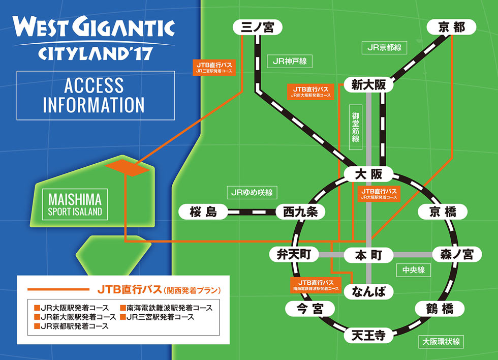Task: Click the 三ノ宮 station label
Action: [x=258, y=27]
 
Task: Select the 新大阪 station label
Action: [x=369, y=85]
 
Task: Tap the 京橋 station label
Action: [x=442, y=212]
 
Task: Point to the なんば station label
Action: [x=369, y=291]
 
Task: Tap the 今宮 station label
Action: [x=310, y=309]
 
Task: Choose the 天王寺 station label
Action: [x=369, y=335]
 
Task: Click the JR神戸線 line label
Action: [x=290, y=61]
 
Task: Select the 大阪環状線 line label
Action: [x=442, y=341]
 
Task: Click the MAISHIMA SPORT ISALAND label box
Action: [x=75, y=204]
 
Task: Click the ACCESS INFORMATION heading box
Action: [x=96, y=95]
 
